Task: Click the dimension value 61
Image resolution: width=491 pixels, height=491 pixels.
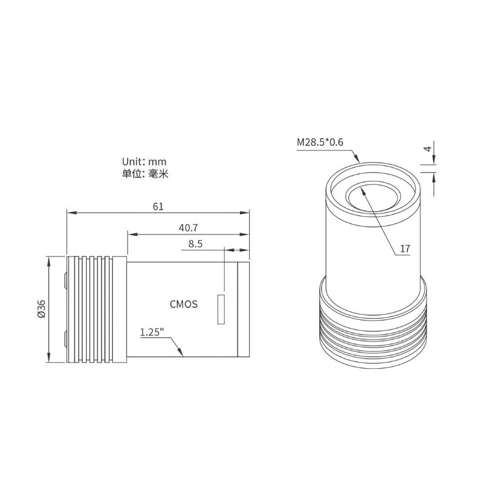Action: pos(158,207)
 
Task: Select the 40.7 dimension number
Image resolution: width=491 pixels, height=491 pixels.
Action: pos(188,227)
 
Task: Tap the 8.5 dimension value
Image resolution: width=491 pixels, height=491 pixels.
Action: pos(195,244)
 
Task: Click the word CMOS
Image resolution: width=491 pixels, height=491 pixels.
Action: pos(183,304)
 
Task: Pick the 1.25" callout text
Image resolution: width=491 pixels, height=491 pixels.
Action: pos(152,332)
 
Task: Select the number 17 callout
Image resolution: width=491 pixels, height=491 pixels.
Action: pos(404,249)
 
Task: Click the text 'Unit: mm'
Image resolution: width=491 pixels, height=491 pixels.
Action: pos(144,161)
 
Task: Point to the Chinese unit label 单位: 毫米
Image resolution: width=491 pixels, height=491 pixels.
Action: pos(144,174)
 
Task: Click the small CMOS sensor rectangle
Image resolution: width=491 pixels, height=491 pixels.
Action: pos(220,309)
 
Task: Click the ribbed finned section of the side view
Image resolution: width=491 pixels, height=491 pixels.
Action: pos(95,309)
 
